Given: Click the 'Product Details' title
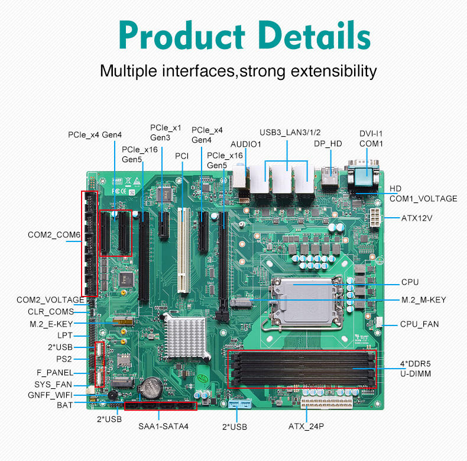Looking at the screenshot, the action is tap(244, 36).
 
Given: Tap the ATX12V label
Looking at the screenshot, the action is tap(417, 218).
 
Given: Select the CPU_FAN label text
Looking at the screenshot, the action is tap(419, 324).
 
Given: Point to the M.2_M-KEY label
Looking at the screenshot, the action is tap(423, 300).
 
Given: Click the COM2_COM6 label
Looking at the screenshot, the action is tap(54, 235).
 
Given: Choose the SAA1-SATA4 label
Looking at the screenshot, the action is tap(163, 426).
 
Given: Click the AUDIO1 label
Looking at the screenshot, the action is tap(246, 144).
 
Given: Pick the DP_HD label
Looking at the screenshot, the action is tap(328, 143).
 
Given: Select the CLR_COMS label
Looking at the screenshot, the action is tap(51, 312).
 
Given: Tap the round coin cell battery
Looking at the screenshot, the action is tap(151, 388).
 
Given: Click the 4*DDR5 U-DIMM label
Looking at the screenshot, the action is tap(416, 368).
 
